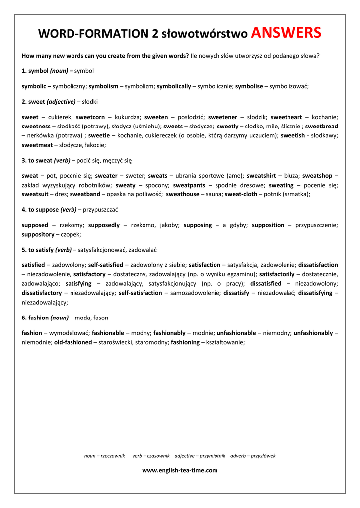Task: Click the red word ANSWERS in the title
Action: click(x=286, y=33)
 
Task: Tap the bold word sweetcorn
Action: click(x=90, y=117)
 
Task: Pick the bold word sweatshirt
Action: click(x=261, y=176)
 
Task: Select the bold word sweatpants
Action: click(x=189, y=185)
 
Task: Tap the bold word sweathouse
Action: click(x=182, y=194)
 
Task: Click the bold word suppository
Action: click(x=38, y=234)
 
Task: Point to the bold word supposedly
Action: click(x=104, y=225)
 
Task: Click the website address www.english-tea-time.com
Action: click(x=180, y=470)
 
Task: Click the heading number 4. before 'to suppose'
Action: click(x=24, y=210)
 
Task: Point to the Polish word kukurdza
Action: click(x=126, y=117)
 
